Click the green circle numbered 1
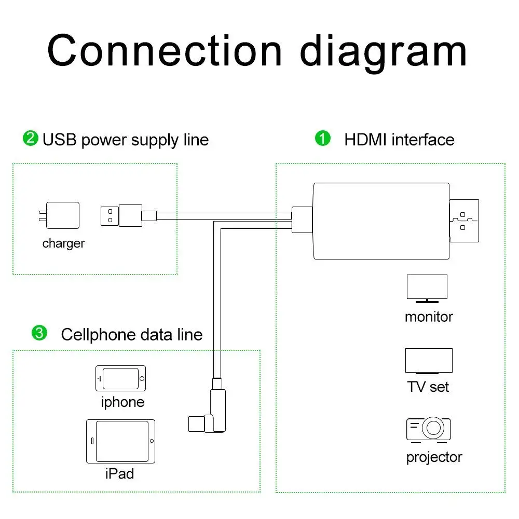click(323, 138)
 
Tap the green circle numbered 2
click(31, 138)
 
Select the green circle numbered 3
click(39, 333)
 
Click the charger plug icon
click(59, 215)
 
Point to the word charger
click(63, 243)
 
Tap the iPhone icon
click(120, 378)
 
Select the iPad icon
click(120, 441)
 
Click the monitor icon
click(427, 289)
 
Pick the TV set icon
click(429, 361)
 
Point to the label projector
click(434, 458)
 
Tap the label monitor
click(429, 317)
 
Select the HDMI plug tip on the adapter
click(464, 221)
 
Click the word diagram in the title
click(383, 52)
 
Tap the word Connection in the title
click(165, 50)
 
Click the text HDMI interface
click(399, 139)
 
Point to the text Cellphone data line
click(132, 334)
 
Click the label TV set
click(428, 387)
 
